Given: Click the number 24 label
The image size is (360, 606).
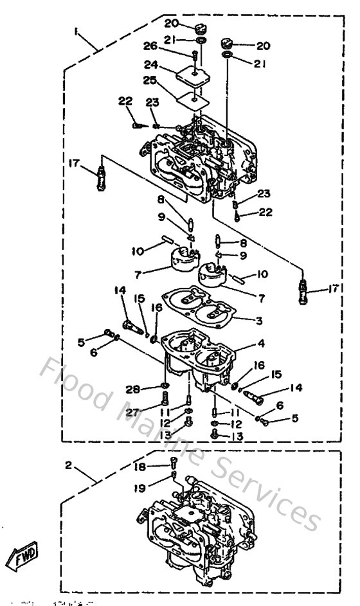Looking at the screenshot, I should (149, 66).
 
